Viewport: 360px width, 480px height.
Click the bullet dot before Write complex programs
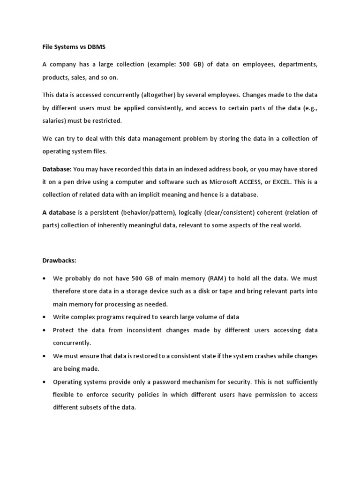click(44, 317)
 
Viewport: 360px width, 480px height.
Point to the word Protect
click(63, 330)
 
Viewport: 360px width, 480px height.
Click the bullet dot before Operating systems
click(44, 382)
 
